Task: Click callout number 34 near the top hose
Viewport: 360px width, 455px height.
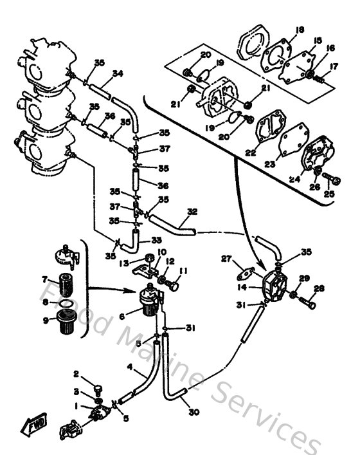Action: (116, 73)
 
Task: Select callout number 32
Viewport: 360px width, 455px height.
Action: (192, 210)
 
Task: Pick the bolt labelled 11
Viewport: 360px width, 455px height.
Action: (172, 282)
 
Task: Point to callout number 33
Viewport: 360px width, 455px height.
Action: (156, 239)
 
